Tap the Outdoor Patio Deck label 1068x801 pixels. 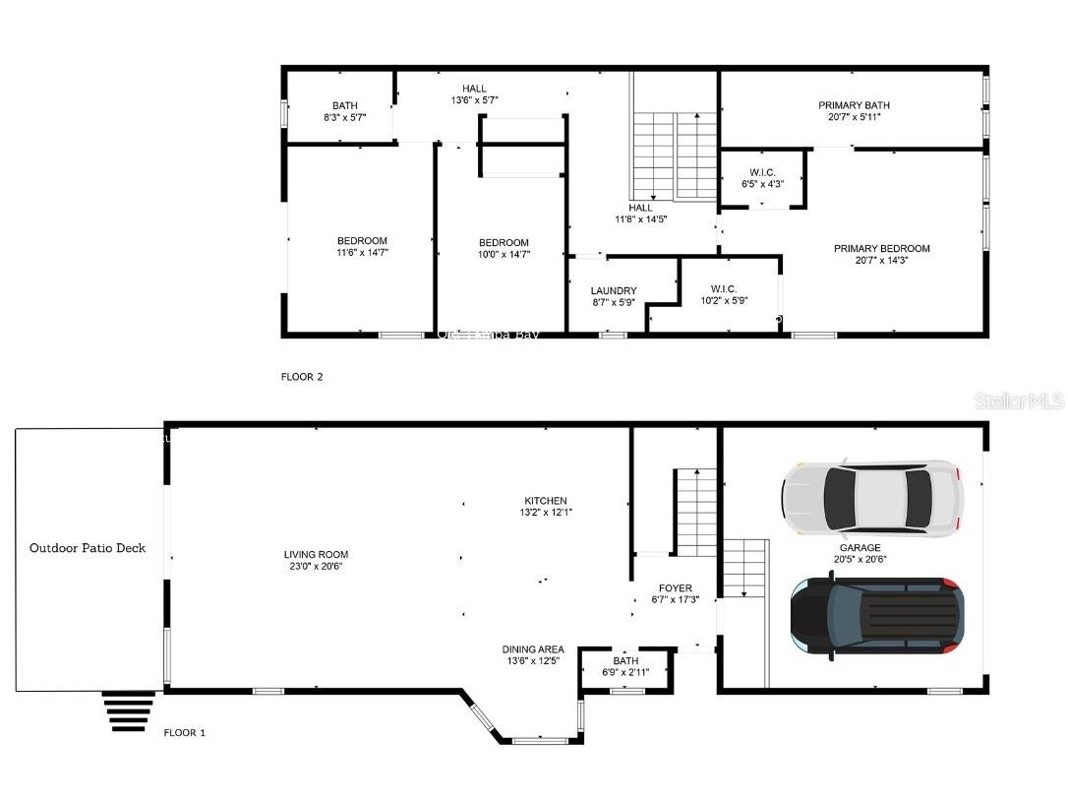click(x=88, y=548)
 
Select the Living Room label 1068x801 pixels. click(x=316, y=555)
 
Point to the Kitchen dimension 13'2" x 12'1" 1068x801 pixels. click(x=546, y=513)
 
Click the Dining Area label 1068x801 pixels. click(x=533, y=649)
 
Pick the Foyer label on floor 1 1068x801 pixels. click(x=675, y=588)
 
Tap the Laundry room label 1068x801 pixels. click(x=614, y=291)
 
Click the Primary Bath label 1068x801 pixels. click(x=854, y=105)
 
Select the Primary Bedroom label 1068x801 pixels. click(x=881, y=249)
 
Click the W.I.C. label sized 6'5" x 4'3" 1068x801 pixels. click(x=763, y=173)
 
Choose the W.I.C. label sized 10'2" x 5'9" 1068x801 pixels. click(x=723, y=289)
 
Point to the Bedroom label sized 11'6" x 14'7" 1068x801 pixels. click(x=362, y=241)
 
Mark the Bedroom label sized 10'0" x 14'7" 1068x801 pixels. click(x=504, y=243)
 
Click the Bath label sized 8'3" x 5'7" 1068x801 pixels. click(x=344, y=105)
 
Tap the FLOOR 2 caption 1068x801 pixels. click(x=303, y=377)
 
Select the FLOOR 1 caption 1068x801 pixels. click(x=185, y=733)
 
